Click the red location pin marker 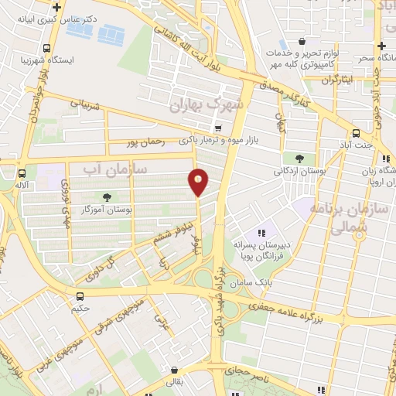(199, 182)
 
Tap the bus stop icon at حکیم (80, 296)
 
